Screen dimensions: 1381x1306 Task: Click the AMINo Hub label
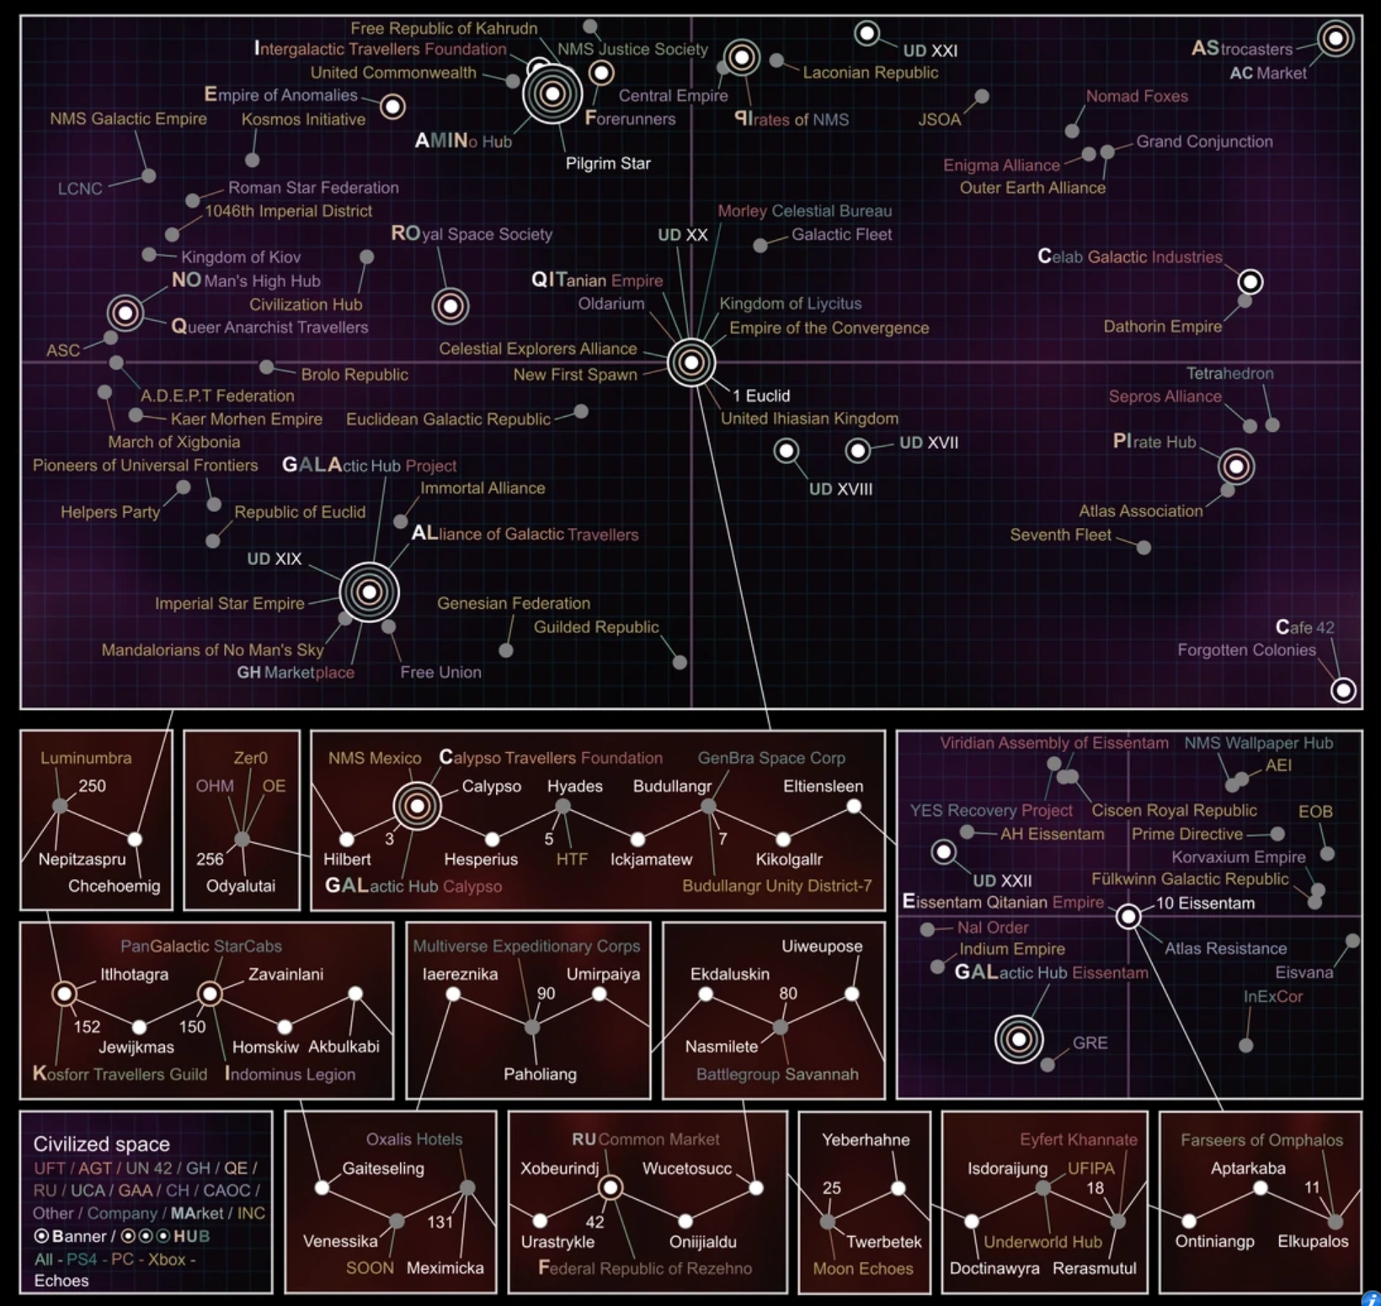(x=463, y=141)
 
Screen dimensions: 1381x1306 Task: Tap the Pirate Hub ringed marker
(x=1235, y=466)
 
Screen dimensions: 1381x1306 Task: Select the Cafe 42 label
(x=1304, y=627)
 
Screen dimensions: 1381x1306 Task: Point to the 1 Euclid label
(x=761, y=396)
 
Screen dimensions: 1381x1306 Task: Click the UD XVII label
(x=928, y=443)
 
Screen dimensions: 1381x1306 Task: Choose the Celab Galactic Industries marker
(x=1250, y=281)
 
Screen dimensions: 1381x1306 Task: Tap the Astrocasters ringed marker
(x=1335, y=38)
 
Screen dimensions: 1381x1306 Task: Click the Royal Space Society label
(x=472, y=234)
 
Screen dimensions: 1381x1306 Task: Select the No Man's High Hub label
(x=246, y=281)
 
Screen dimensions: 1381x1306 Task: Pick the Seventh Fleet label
(x=1060, y=535)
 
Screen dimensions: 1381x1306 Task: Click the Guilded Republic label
(x=596, y=627)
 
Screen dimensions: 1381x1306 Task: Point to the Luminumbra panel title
(x=86, y=758)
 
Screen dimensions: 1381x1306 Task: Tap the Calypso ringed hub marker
(x=417, y=806)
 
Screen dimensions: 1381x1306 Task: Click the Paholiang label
(x=540, y=1074)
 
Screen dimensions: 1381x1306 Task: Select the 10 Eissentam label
(x=1205, y=904)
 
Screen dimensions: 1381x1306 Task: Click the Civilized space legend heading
(x=101, y=1144)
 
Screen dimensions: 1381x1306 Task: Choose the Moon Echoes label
(x=862, y=1268)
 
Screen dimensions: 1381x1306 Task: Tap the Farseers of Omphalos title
(x=1261, y=1140)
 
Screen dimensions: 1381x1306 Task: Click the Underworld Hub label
(x=1042, y=1242)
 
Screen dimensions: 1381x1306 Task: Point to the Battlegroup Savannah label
(x=777, y=1074)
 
